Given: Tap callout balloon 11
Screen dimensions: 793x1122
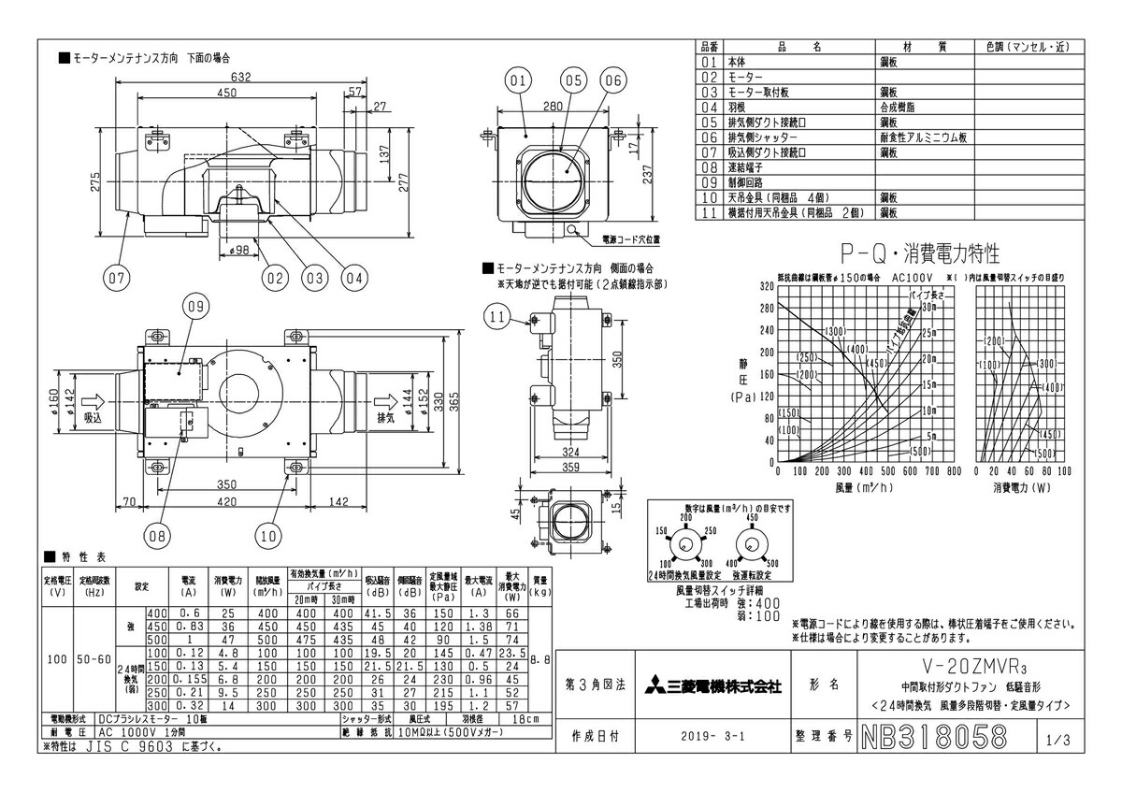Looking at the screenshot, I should pyautogui.click(x=497, y=318).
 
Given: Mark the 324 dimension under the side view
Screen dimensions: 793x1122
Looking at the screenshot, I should pyautogui.click(x=571, y=453).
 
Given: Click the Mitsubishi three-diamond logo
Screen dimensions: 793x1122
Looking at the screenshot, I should pyautogui.click(x=654, y=687).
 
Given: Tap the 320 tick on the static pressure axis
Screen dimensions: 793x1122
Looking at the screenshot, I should pyautogui.click(x=768, y=287).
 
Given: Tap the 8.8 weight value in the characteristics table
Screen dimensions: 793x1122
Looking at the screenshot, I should pyautogui.click(x=539, y=659).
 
